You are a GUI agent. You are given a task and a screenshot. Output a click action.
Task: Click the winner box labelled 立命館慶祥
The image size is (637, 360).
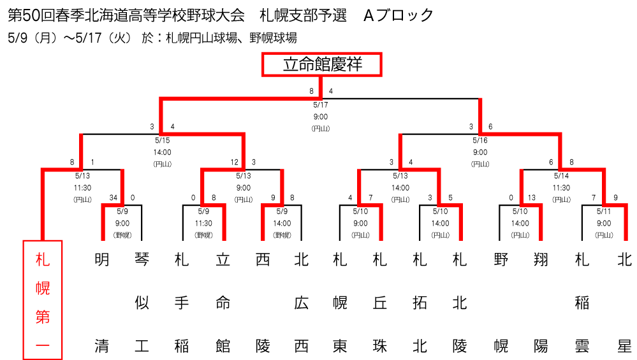[x=322, y=64]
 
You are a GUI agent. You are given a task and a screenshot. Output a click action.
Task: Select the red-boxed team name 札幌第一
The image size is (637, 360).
[x=43, y=300]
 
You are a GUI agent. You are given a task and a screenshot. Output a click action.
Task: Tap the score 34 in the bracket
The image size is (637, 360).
[x=113, y=198]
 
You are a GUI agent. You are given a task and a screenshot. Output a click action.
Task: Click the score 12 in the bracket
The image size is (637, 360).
[x=235, y=162]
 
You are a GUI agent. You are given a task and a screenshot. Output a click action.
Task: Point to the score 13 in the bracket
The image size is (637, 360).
[x=531, y=198]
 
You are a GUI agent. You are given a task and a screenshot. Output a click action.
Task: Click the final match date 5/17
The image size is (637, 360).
[x=321, y=104]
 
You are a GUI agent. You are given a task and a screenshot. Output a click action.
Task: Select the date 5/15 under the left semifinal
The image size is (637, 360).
[x=162, y=140]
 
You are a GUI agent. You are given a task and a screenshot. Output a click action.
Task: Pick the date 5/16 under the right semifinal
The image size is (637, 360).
[x=480, y=140]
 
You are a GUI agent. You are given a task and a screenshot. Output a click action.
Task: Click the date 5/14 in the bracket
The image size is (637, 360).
[x=561, y=176]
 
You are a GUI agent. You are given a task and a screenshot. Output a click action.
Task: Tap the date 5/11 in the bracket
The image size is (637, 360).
[x=604, y=212]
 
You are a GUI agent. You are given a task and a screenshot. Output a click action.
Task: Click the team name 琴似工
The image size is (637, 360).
[x=142, y=303]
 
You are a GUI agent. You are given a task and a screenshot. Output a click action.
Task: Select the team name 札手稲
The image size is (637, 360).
[x=182, y=303]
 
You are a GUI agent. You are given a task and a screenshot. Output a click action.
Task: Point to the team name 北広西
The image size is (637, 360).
[x=302, y=303]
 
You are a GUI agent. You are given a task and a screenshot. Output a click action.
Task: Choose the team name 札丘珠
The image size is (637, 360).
[x=380, y=303]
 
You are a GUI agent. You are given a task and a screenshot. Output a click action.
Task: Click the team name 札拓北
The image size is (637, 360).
[x=420, y=303]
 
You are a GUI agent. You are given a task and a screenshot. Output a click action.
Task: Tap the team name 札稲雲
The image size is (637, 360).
[x=582, y=303]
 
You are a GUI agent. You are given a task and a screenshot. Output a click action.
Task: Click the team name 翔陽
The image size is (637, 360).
[x=541, y=303]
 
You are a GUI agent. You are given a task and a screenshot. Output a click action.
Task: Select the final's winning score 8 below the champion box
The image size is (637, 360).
[x=312, y=91]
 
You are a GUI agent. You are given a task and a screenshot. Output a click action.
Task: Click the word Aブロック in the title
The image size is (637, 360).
[x=398, y=15]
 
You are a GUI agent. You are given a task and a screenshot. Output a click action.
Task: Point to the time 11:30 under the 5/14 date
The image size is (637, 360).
[x=561, y=188]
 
